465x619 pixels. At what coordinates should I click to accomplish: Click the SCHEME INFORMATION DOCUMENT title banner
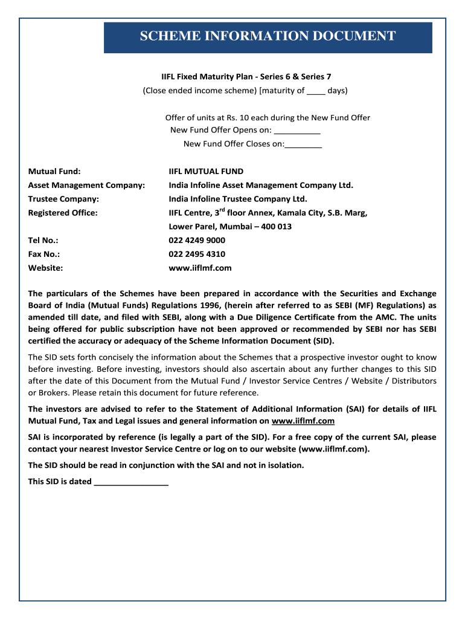(268, 37)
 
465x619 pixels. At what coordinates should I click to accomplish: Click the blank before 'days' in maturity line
(316, 92)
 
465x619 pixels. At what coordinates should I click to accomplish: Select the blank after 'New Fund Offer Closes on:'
(303, 144)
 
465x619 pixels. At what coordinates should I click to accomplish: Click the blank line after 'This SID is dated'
(131, 482)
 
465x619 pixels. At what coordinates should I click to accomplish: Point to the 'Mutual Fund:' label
(54, 172)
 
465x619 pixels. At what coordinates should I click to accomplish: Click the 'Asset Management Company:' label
(86, 186)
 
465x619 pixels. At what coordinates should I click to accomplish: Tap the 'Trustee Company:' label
(63, 199)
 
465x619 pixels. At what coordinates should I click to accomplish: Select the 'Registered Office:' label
(63, 213)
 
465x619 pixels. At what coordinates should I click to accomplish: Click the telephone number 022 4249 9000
(197, 241)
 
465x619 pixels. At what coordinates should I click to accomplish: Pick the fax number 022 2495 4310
(197, 254)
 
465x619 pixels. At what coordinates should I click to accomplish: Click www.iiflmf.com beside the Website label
(200, 268)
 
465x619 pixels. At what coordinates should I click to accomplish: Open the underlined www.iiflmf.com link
(303, 421)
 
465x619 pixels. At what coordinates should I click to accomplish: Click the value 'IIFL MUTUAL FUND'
(206, 172)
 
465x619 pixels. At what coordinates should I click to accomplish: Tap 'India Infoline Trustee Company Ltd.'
(238, 199)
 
